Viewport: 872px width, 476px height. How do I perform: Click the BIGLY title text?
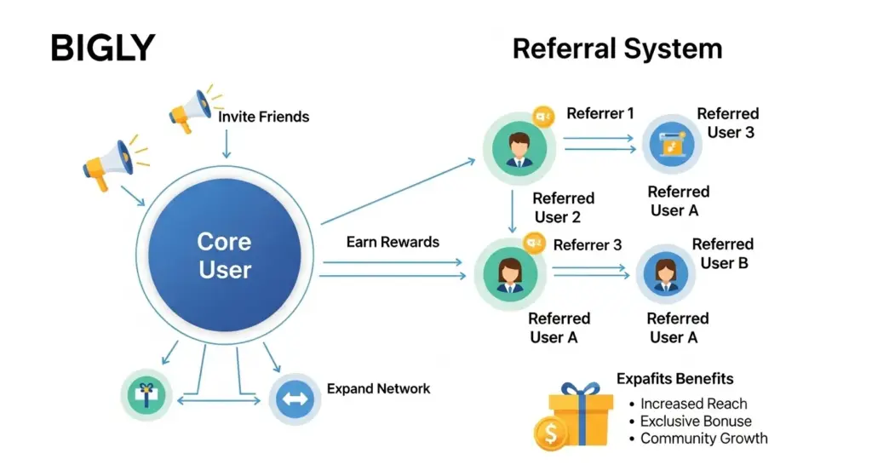(102, 49)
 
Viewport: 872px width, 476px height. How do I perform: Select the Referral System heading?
(617, 49)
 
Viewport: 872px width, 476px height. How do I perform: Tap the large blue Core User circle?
(225, 255)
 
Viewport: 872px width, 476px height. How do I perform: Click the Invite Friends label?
(264, 117)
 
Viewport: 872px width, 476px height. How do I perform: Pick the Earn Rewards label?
(393, 242)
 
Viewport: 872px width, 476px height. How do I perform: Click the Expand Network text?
(378, 388)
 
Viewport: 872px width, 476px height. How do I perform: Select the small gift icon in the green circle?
(146, 395)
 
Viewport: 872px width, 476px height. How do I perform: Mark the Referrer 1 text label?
(600, 114)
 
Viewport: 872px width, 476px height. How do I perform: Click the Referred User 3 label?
(728, 123)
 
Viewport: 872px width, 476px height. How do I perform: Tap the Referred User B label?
(723, 254)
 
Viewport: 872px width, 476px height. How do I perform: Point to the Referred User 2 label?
(563, 208)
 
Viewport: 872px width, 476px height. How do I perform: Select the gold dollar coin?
(551, 433)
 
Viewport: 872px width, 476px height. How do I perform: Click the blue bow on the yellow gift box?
(580, 391)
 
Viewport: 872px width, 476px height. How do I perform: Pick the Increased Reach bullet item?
(693, 404)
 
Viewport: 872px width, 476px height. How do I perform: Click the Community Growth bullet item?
(703, 439)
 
